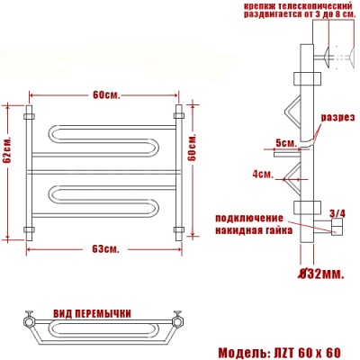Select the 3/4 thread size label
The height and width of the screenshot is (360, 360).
[x=338, y=213]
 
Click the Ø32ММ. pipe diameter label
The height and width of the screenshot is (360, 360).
[x=320, y=272]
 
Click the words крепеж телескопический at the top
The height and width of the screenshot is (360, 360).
[x=290, y=7]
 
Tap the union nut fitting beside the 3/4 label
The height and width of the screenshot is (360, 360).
[x=334, y=230]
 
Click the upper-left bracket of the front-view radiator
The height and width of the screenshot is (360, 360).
[x=29, y=115]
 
